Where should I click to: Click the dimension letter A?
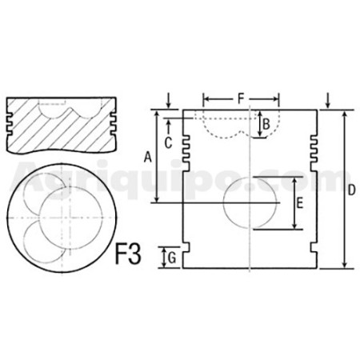147,157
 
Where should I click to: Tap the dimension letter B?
266,124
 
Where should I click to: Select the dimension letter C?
168,143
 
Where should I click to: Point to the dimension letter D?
352,190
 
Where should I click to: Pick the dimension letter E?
300,203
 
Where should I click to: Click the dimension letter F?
241,99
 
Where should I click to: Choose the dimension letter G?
172,258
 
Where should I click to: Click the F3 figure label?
128,254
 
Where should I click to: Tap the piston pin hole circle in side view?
250,203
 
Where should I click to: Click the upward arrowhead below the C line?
168,123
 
